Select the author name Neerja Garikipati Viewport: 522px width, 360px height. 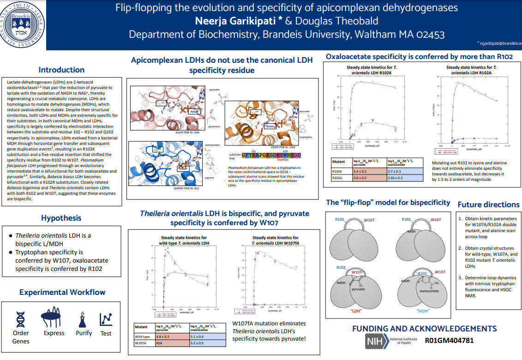tap(234, 21)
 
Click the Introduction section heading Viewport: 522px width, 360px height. tap(61, 70)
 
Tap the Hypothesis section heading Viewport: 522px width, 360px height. tap(61, 218)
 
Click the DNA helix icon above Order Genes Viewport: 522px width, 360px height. tap(21, 318)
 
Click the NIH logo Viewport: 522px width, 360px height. tap(377, 341)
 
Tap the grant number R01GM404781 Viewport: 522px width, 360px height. tap(449, 341)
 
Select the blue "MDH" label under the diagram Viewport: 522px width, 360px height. tap(423, 311)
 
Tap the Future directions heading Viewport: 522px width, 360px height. tap(488, 204)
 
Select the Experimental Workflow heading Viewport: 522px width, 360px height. tap(62, 292)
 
